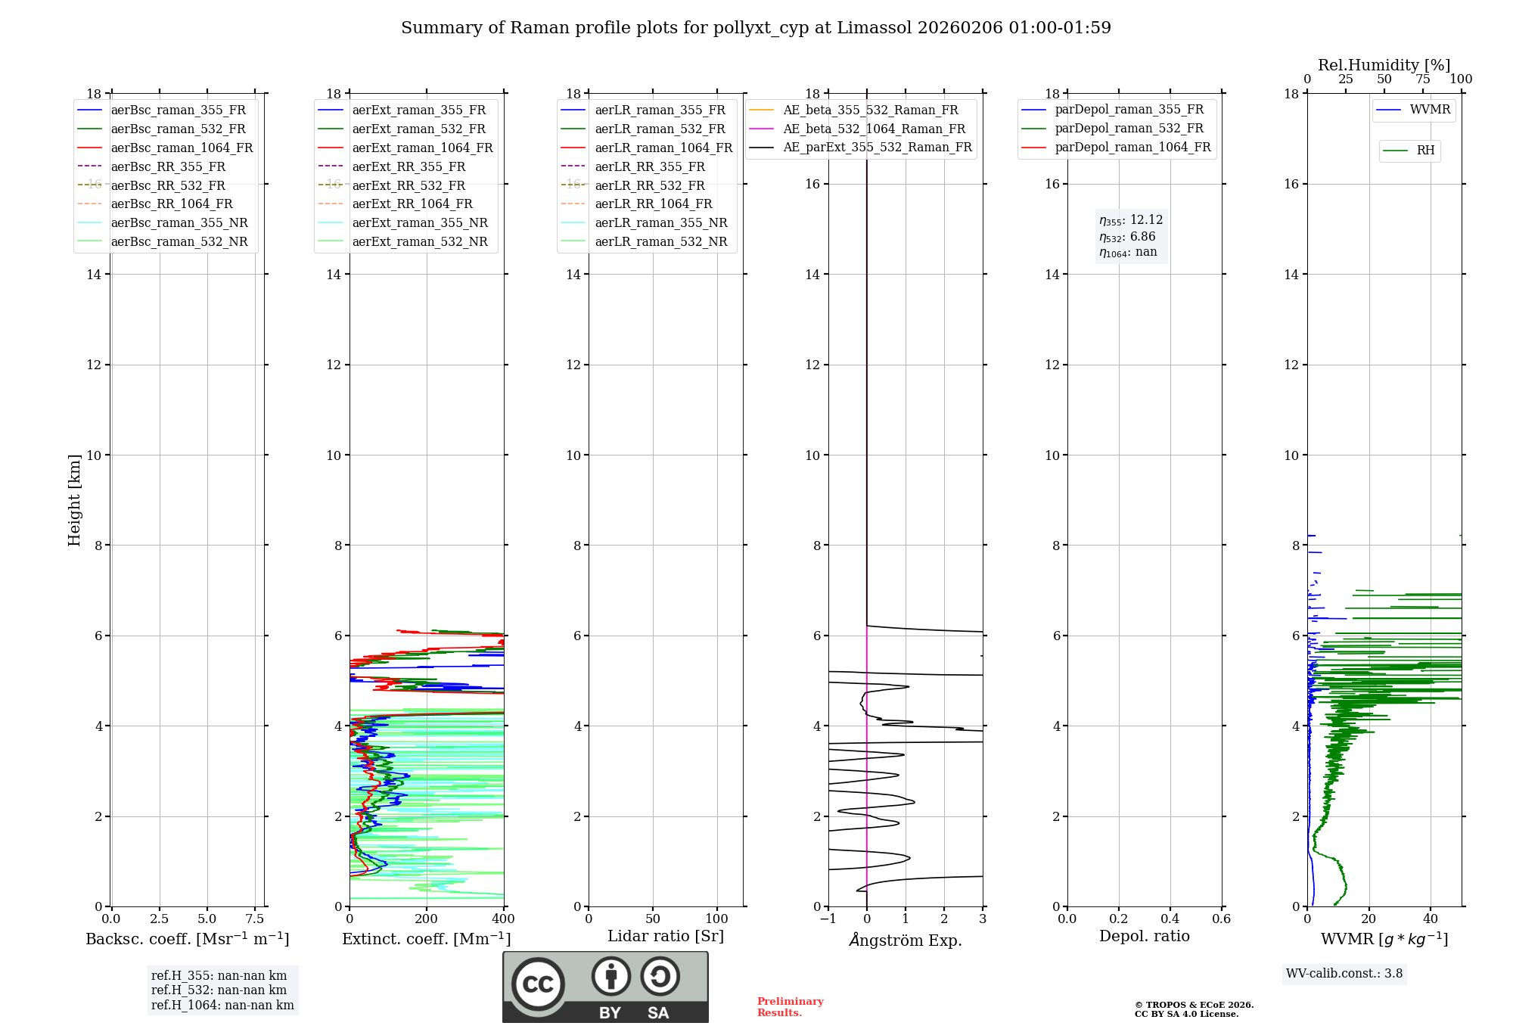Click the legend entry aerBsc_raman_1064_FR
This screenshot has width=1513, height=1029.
click(x=182, y=148)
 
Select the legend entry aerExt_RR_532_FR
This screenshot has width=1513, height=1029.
click(x=409, y=185)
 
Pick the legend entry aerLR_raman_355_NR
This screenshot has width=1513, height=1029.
click(x=660, y=222)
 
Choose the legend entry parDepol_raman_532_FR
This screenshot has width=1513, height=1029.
click(x=1129, y=129)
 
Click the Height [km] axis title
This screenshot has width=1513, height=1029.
click(x=74, y=500)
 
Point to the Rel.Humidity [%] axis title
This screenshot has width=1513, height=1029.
click(x=1384, y=65)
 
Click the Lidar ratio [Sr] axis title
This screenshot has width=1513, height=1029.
click(x=666, y=936)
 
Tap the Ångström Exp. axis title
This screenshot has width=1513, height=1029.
click(x=906, y=940)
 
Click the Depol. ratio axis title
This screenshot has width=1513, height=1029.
click(x=1144, y=936)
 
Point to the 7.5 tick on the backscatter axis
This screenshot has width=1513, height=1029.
click(x=255, y=919)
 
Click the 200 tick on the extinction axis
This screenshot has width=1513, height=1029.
click(x=427, y=919)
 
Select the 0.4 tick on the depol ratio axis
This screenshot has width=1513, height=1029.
click(x=1170, y=919)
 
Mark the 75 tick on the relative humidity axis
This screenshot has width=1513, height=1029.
click(x=1423, y=79)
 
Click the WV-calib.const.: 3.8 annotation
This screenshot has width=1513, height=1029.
click(x=1344, y=974)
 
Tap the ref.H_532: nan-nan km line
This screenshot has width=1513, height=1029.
click(x=219, y=990)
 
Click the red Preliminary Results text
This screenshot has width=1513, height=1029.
click(x=790, y=1007)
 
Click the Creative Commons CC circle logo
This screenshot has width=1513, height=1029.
click(x=538, y=984)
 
